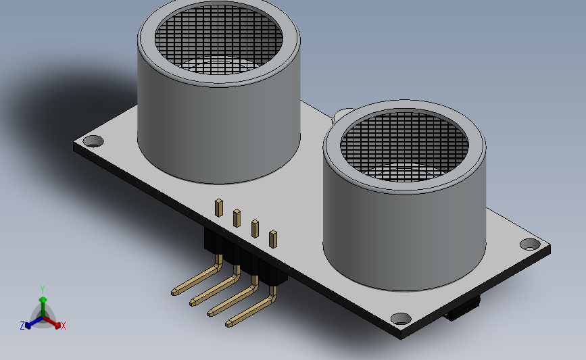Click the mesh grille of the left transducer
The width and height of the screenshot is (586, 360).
pyautogui.click(x=218, y=39)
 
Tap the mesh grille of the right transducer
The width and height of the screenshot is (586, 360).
pyautogui.click(x=404, y=147)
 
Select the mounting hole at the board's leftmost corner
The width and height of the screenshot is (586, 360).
pyautogui.click(x=93, y=142)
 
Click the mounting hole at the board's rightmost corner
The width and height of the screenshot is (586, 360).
pyautogui.click(x=530, y=245)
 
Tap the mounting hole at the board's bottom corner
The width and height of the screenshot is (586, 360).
pyautogui.click(x=401, y=319)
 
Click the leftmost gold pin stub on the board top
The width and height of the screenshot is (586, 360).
pyautogui.click(x=219, y=208)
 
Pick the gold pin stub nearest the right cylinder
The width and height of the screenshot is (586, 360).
pyautogui.click(x=273, y=239)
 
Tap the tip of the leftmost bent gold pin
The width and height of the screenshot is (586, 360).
pyautogui.click(x=174, y=292)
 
